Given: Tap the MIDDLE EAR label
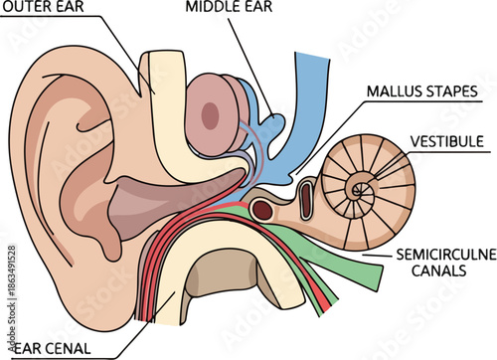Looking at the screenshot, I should pyautogui.click(x=232, y=8).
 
